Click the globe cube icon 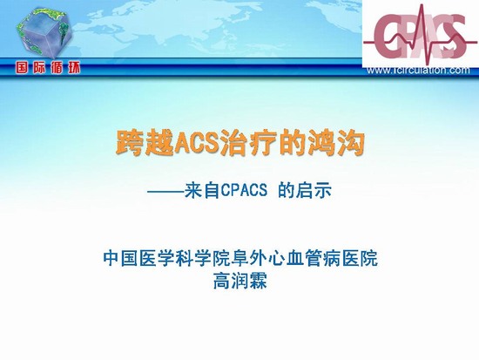pyautogui.click(x=45, y=33)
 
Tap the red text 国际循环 pyautogui.click(x=48, y=68)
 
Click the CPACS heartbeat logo pyautogui.click(x=421, y=34)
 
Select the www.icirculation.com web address pyautogui.click(x=418, y=71)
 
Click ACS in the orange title pyautogui.click(x=198, y=143)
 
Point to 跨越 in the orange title pyautogui.click(x=145, y=143)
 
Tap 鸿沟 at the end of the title pyautogui.click(x=334, y=143)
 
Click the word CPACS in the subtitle pyautogui.click(x=244, y=191)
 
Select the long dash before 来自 pyautogui.click(x=165, y=192)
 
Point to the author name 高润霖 pyautogui.click(x=239, y=281)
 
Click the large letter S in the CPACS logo pyautogui.click(x=453, y=35)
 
